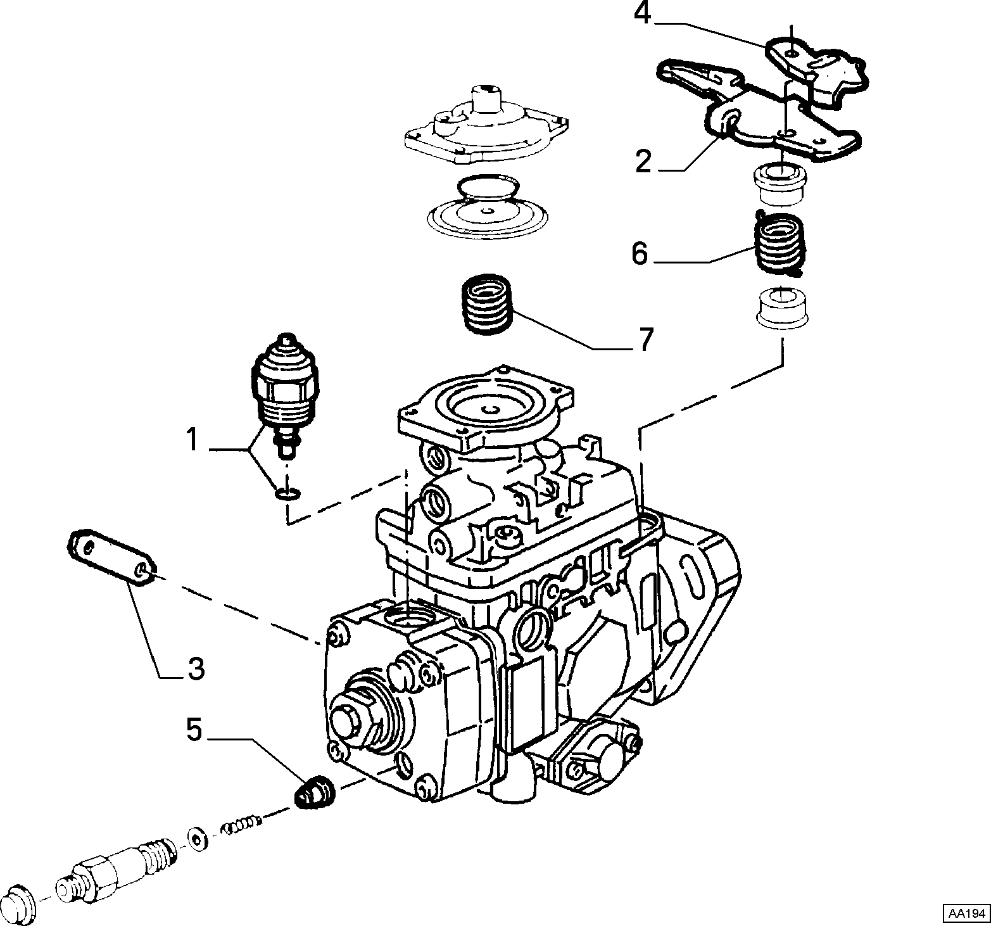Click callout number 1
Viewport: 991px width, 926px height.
tap(191, 440)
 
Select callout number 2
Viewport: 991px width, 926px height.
tap(643, 162)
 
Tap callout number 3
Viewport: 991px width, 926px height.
tap(196, 669)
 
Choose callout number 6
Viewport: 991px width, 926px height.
tap(640, 254)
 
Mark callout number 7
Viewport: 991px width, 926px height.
tap(645, 340)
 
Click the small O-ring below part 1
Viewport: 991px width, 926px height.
tap(288, 492)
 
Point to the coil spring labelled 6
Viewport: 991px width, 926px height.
tap(780, 244)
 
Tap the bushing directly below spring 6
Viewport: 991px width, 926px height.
tap(783, 308)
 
